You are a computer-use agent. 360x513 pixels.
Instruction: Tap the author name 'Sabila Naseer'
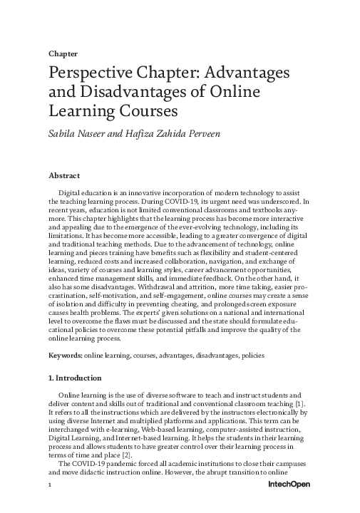click(x=80, y=133)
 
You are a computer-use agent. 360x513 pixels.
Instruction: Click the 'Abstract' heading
click(x=63, y=175)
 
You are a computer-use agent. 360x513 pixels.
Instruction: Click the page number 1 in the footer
click(x=50, y=503)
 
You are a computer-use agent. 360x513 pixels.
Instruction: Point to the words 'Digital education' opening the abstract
click(x=86, y=193)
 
